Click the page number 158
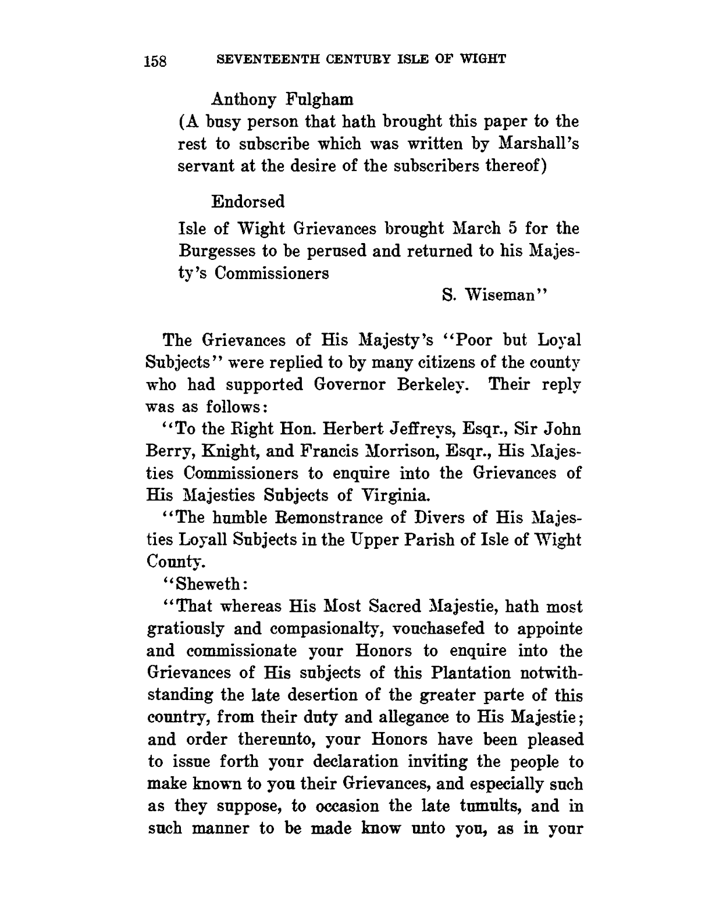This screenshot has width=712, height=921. coord(155,61)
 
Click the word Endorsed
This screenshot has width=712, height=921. coord(248,202)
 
